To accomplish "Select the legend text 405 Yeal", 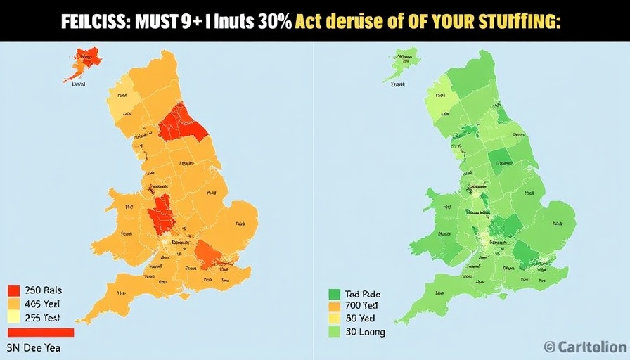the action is coord(43,304).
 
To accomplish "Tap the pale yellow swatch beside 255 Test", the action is coord(13,317).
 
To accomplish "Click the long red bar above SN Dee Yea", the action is coord(40,333).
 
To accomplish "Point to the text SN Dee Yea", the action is coord(33,347).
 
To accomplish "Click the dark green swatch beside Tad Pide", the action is coord(334,295).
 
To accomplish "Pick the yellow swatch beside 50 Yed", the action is coord(334,319).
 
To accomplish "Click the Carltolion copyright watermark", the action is coord(585,346).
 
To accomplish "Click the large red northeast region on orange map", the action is coord(182,124).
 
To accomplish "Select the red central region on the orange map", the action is coord(162,213).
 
